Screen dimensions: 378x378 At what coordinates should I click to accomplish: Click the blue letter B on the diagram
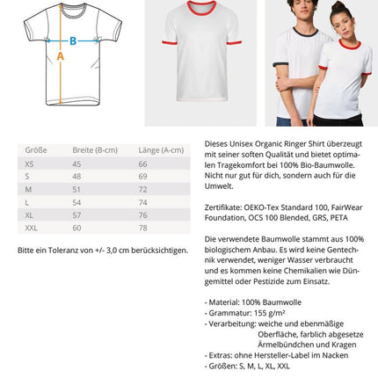(73, 40)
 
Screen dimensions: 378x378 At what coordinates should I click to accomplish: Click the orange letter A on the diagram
(61, 56)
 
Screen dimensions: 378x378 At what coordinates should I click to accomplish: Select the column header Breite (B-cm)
(94, 150)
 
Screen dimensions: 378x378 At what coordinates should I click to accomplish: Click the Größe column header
(36, 150)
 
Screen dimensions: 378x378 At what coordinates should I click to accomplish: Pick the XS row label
(29, 164)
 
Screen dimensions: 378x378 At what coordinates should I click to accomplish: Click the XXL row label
(32, 228)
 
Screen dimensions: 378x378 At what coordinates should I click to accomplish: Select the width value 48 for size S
(76, 177)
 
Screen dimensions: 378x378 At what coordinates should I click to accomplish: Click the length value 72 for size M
(142, 189)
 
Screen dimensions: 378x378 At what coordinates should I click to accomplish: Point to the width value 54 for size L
(76, 202)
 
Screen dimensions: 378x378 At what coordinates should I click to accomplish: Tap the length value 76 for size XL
(142, 214)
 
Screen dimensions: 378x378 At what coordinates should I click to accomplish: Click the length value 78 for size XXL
(142, 228)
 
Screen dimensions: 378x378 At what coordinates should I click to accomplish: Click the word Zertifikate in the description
(222, 207)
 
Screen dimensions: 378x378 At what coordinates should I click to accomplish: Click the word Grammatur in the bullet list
(226, 313)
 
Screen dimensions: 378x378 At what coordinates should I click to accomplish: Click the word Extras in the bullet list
(219, 355)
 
